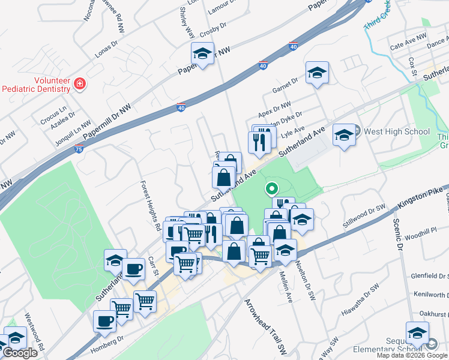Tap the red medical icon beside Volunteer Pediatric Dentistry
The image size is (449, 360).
coord(79,83)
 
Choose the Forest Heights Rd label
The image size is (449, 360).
coord(151,202)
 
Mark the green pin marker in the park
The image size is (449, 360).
coord(271,189)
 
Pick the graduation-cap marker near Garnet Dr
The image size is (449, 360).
coord(316,73)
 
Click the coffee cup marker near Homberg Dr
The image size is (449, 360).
coord(104,321)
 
